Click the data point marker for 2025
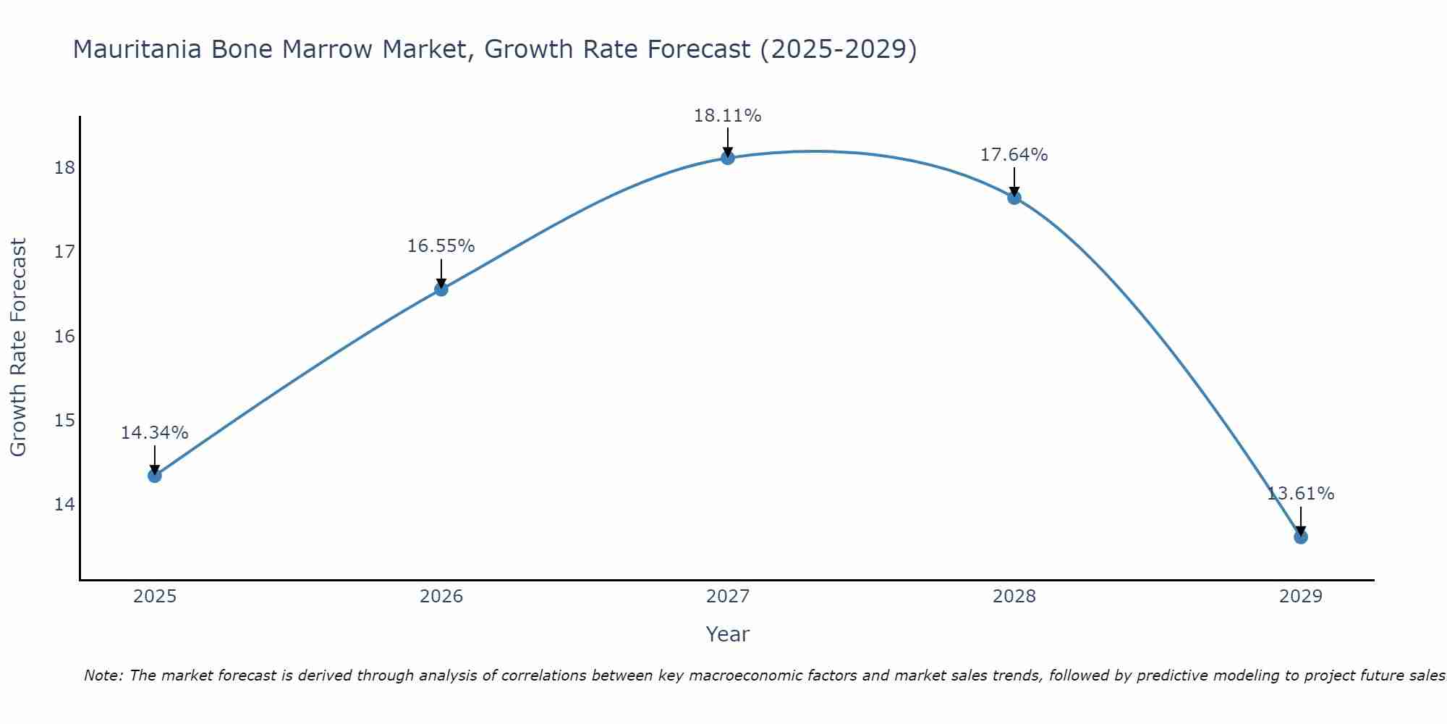pyautogui.click(x=154, y=476)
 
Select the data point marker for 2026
pyautogui.click(x=441, y=290)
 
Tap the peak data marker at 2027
pyautogui.click(x=727, y=158)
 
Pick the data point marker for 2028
pyautogui.click(x=1014, y=198)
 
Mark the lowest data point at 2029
pyautogui.click(x=1300, y=537)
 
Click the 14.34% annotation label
pyautogui.click(x=154, y=433)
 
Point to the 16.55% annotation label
pyautogui.click(x=441, y=246)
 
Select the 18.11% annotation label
pyautogui.click(x=727, y=116)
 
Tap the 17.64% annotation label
pyautogui.click(x=1014, y=155)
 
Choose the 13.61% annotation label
pyautogui.click(x=1300, y=494)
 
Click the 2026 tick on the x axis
pyautogui.click(x=441, y=597)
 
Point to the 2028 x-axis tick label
pyautogui.click(x=1014, y=597)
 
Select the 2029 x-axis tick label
pyautogui.click(x=1300, y=597)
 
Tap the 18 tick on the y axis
pyautogui.click(x=64, y=168)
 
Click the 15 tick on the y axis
pyautogui.click(x=64, y=420)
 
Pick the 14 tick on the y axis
pyautogui.click(x=64, y=504)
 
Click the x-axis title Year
pyautogui.click(x=727, y=634)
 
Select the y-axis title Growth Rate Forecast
pyautogui.click(x=18, y=348)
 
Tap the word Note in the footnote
pyautogui.click(x=102, y=675)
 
